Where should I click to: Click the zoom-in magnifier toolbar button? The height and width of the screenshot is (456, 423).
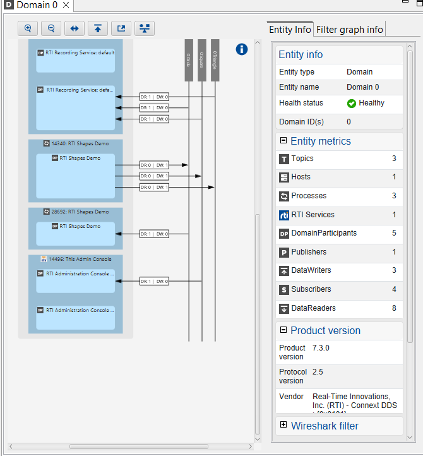coord(28,28)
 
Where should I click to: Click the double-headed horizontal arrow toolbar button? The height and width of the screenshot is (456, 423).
coord(74,28)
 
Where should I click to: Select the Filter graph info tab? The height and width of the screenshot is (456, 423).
coord(349,29)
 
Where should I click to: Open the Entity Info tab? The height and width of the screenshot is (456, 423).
coord(290,29)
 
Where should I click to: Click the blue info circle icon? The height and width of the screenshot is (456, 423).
coord(242,49)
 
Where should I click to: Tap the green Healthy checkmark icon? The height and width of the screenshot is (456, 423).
coord(352,103)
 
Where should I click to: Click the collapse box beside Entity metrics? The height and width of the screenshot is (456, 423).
coord(283,141)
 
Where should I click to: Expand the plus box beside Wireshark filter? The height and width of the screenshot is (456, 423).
coord(283,426)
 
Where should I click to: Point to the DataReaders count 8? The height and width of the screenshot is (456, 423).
coord(394,308)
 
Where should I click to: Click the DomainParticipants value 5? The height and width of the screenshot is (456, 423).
coord(394,233)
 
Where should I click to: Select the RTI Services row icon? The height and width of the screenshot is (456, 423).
coord(284,215)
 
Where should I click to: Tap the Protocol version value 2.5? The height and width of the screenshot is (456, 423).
coord(318,372)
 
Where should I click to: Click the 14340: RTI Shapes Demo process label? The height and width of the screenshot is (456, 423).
coord(76,143)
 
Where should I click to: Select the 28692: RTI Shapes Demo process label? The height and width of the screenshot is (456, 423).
coord(76,212)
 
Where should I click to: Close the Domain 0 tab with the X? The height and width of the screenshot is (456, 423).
coord(66,5)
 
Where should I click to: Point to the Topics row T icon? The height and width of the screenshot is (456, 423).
coord(284,159)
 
